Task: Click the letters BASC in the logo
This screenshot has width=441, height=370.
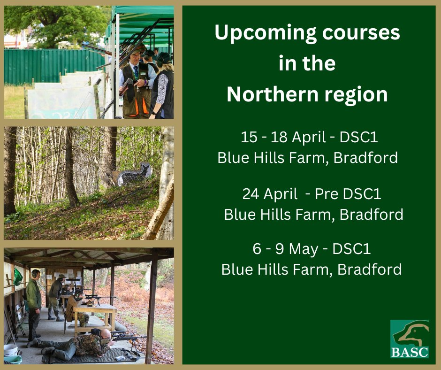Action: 410,352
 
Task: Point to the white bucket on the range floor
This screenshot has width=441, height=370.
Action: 11,350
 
